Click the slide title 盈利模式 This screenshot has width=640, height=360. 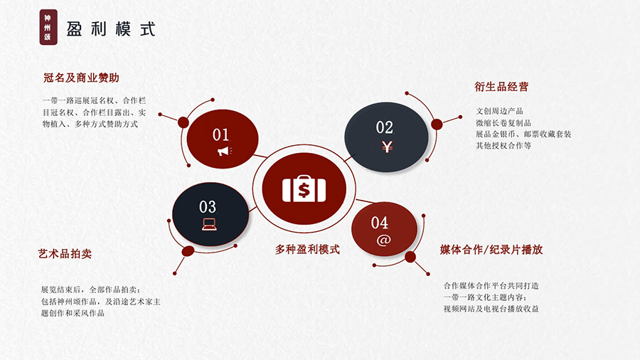(111, 29)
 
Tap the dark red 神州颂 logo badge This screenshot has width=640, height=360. (48, 27)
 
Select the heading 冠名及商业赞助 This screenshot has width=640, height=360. (81, 78)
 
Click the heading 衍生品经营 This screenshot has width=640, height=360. (501, 87)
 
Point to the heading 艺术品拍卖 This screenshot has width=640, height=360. (65, 253)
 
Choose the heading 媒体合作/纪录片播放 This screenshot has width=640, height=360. (491, 250)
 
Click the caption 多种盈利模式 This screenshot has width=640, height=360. (307, 250)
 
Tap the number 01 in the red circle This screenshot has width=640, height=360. (220, 134)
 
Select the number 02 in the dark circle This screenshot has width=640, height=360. (385, 127)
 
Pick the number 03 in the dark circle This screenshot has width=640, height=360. (208, 207)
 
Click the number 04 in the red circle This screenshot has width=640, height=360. (380, 223)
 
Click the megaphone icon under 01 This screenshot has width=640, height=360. (224, 152)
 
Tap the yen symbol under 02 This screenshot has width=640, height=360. (387, 146)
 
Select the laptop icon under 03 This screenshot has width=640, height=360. (209, 224)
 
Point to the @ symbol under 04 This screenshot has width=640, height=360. (383, 240)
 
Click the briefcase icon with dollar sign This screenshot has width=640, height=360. (304, 189)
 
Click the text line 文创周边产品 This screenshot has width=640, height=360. (499, 111)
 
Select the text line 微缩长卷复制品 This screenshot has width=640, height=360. (503, 123)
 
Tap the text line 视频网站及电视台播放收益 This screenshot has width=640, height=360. (491, 309)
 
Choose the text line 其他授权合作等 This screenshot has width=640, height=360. (503, 146)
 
